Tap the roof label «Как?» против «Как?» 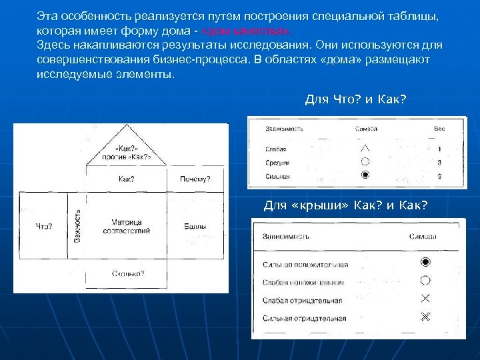(x=126, y=153)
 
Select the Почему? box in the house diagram (x=195, y=179)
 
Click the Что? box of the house (x=44, y=227)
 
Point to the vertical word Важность (x=77, y=226)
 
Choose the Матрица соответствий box (x=126, y=227)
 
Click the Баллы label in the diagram (x=195, y=227)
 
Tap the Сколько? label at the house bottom (x=128, y=273)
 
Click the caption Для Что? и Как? (x=355, y=99)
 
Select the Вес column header (x=439, y=127)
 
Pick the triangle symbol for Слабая (x=365, y=148)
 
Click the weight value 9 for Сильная (x=439, y=176)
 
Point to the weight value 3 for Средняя (x=439, y=162)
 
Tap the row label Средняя (x=277, y=162)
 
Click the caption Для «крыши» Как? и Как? (x=345, y=205)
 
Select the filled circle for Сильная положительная (x=425, y=262)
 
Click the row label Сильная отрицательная (x=305, y=318)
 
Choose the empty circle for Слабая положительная (x=425, y=281)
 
